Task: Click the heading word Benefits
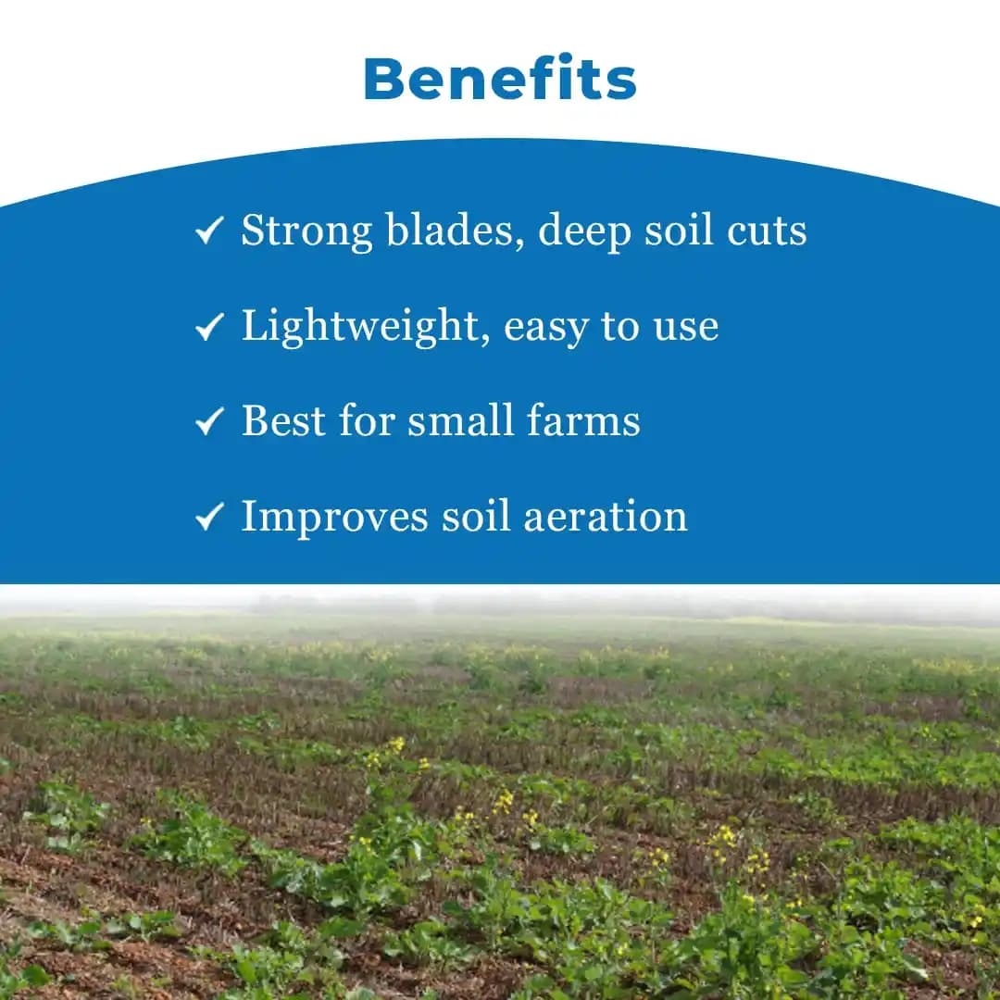(500, 80)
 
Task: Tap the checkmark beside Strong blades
(210, 231)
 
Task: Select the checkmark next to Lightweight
(210, 326)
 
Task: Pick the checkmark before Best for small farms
(210, 421)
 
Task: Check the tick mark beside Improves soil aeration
(210, 517)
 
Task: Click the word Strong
(306, 231)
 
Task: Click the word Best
(283, 421)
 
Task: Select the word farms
(583, 421)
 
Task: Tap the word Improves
(334, 518)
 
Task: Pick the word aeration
(606, 517)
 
